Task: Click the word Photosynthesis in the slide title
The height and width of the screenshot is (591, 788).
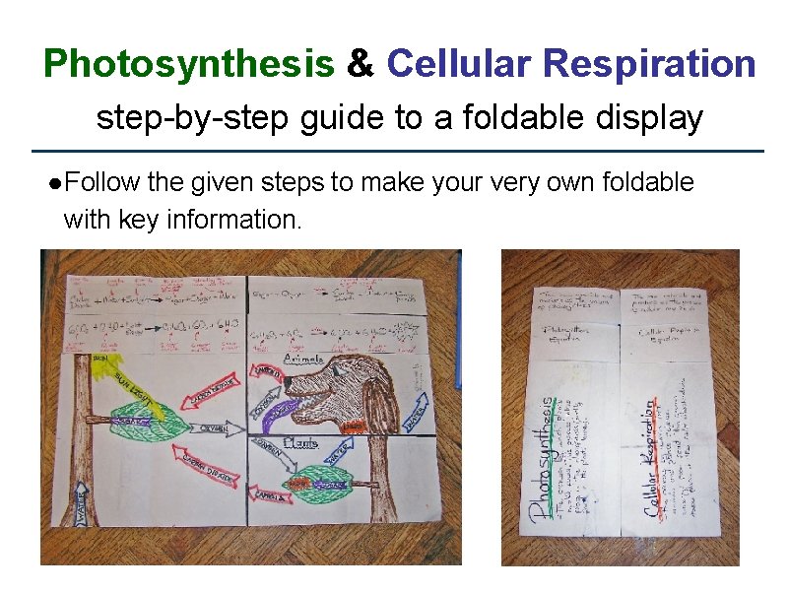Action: point(188,65)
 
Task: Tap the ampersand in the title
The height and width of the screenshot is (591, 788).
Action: point(361,65)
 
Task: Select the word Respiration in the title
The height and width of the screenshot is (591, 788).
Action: point(649,65)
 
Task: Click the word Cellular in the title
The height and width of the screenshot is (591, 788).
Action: point(459,65)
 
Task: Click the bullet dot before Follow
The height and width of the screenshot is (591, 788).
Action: point(58,183)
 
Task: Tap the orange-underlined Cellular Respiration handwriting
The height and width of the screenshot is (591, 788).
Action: point(650,459)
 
